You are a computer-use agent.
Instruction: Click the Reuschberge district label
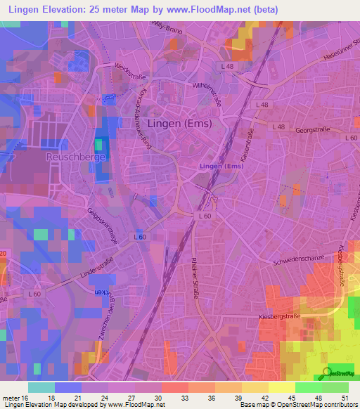tap(76, 156)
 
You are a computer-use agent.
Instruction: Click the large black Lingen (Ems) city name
tap(179, 124)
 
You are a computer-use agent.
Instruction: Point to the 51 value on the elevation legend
tap(345, 399)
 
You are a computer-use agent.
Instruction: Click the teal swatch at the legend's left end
tap(41, 387)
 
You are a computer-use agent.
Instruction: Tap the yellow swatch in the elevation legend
tap(281, 387)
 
